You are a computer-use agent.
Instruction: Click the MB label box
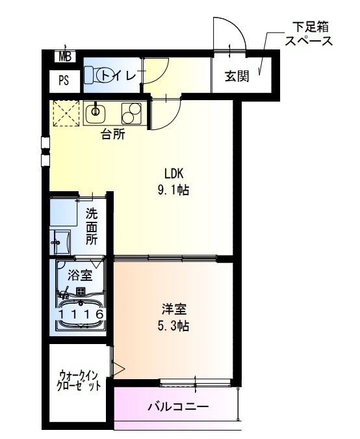(x=64, y=57)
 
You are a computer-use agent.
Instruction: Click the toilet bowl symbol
(x=103, y=76)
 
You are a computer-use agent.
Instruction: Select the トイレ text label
(x=123, y=76)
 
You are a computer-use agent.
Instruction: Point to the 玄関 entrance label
(x=237, y=75)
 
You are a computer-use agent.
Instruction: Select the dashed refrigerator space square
(x=66, y=114)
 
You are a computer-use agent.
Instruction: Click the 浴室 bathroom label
(x=79, y=274)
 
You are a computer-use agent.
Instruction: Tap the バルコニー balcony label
(x=177, y=408)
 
